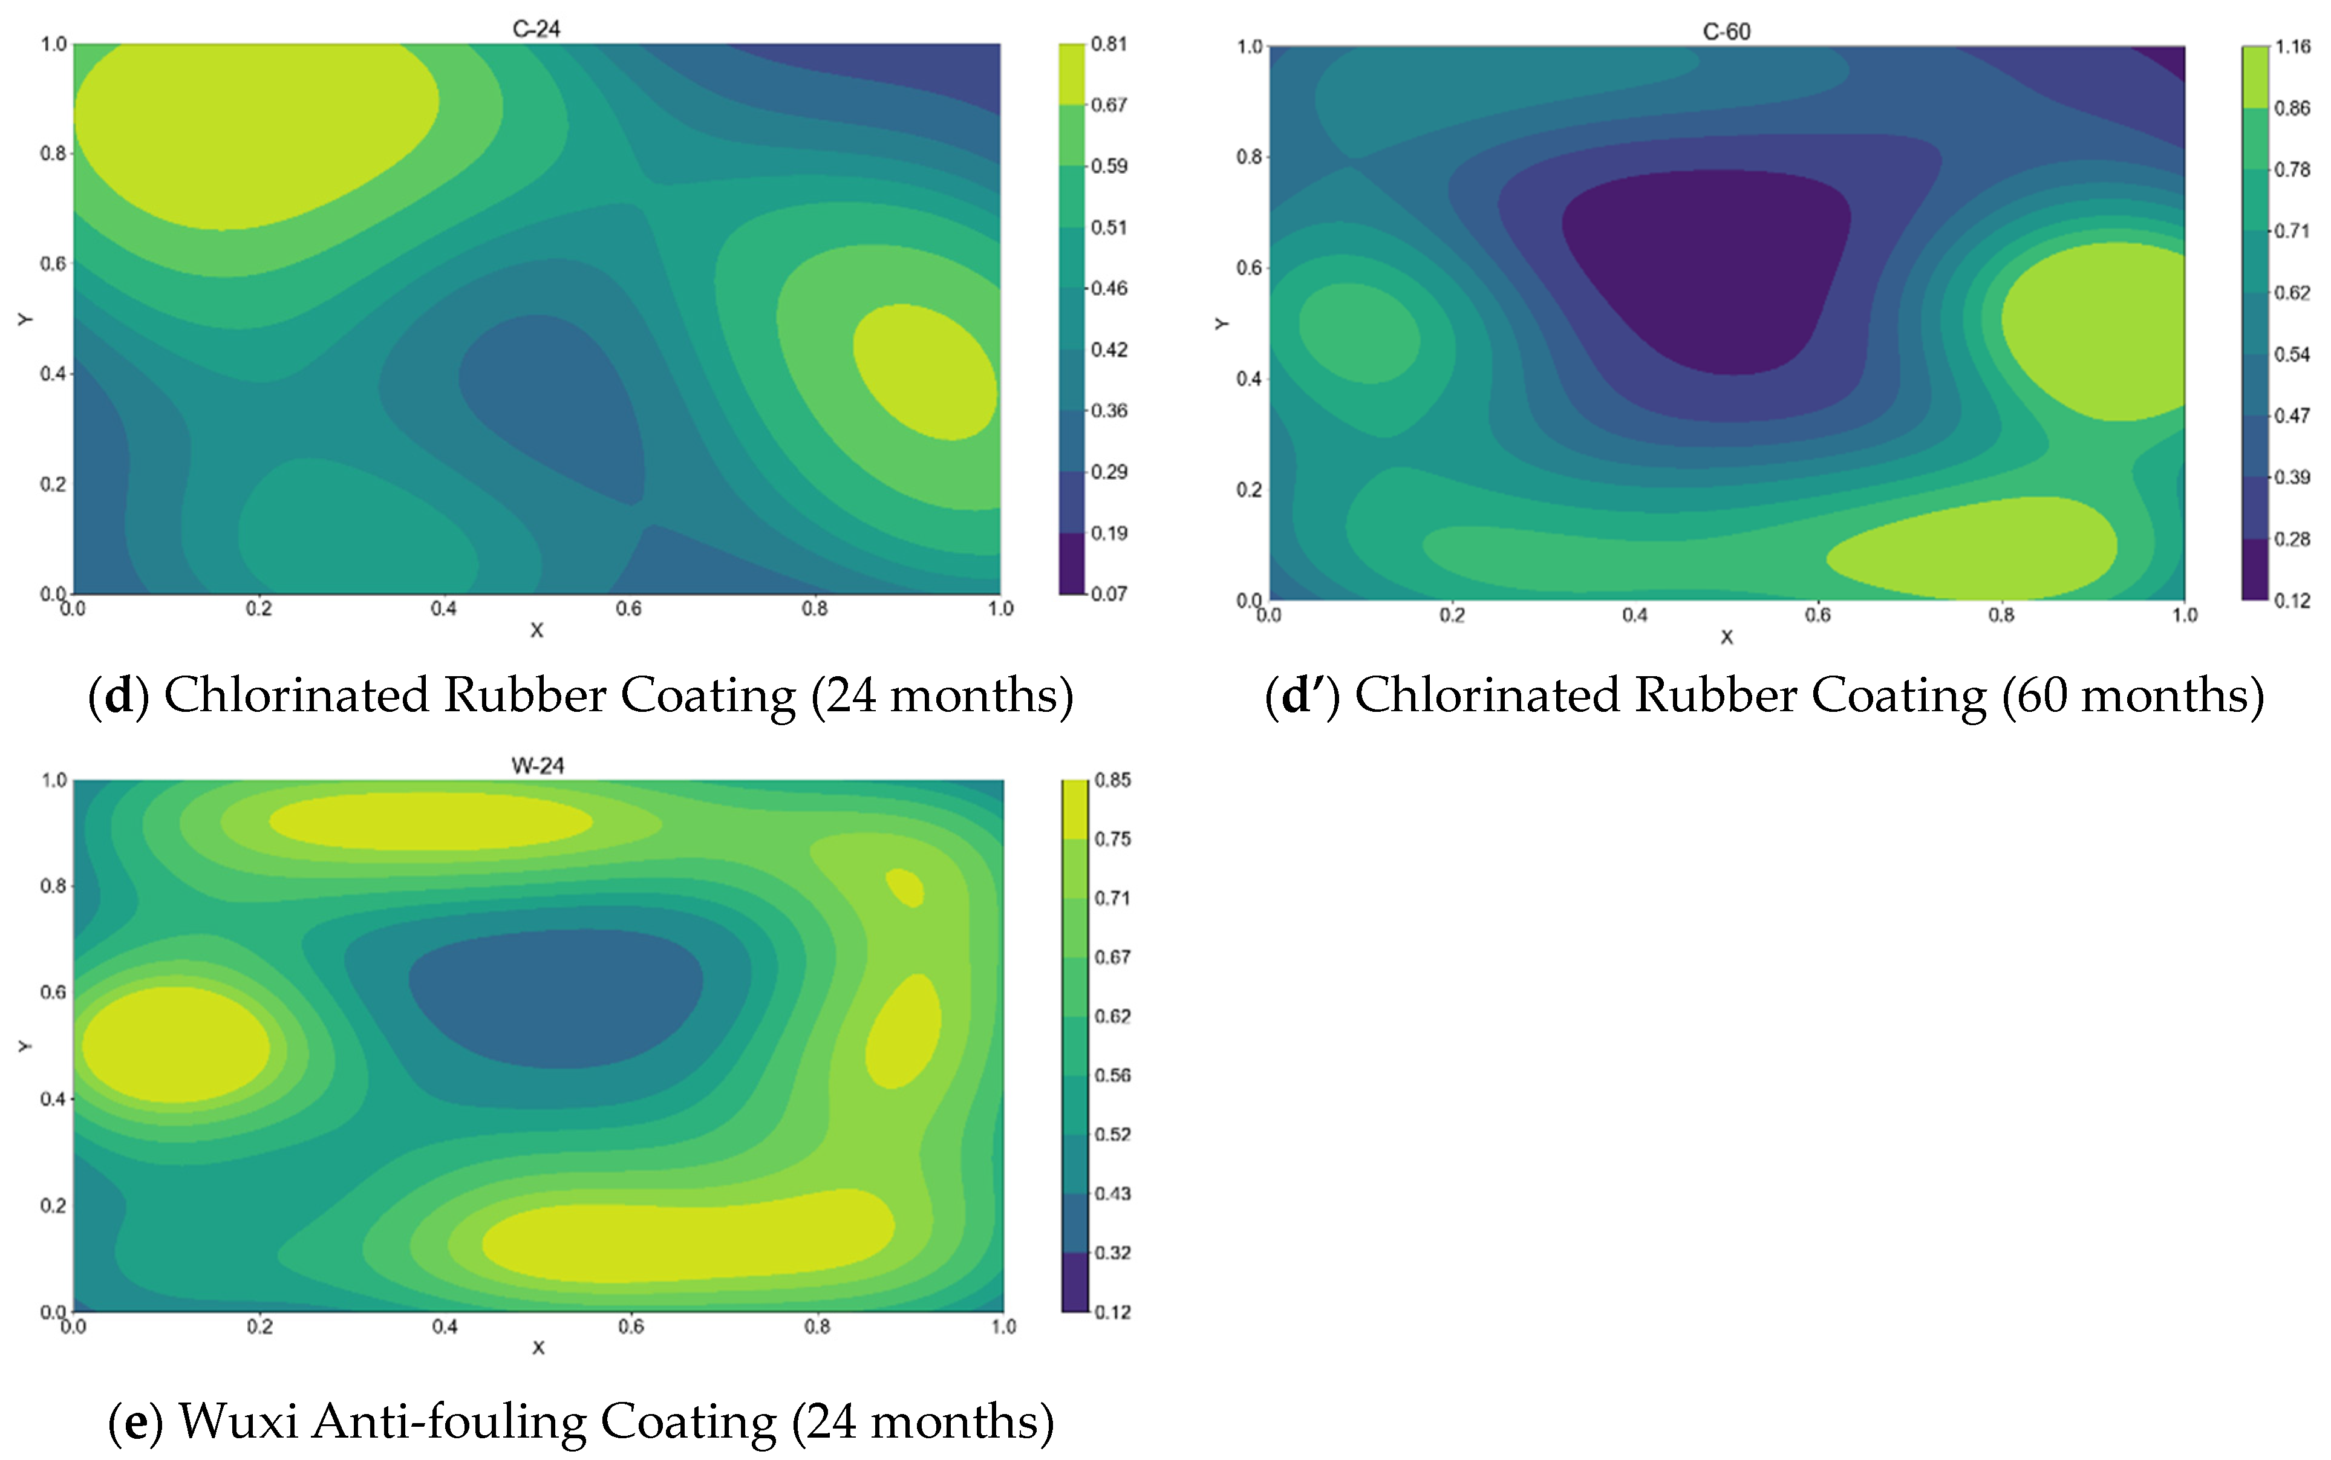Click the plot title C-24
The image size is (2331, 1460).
536,29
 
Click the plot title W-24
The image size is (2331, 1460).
537,766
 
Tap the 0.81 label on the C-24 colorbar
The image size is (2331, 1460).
1109,44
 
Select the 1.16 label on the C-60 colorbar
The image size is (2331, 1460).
2292,47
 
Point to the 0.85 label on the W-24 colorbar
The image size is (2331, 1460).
1112,780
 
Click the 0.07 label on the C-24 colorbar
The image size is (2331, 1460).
1109,594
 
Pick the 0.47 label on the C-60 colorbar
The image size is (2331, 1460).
2292,416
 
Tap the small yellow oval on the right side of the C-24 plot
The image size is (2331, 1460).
924,372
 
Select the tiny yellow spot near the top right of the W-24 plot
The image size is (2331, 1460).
905,887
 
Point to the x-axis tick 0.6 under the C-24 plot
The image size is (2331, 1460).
628,608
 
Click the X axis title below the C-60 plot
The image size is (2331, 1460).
1727,637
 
